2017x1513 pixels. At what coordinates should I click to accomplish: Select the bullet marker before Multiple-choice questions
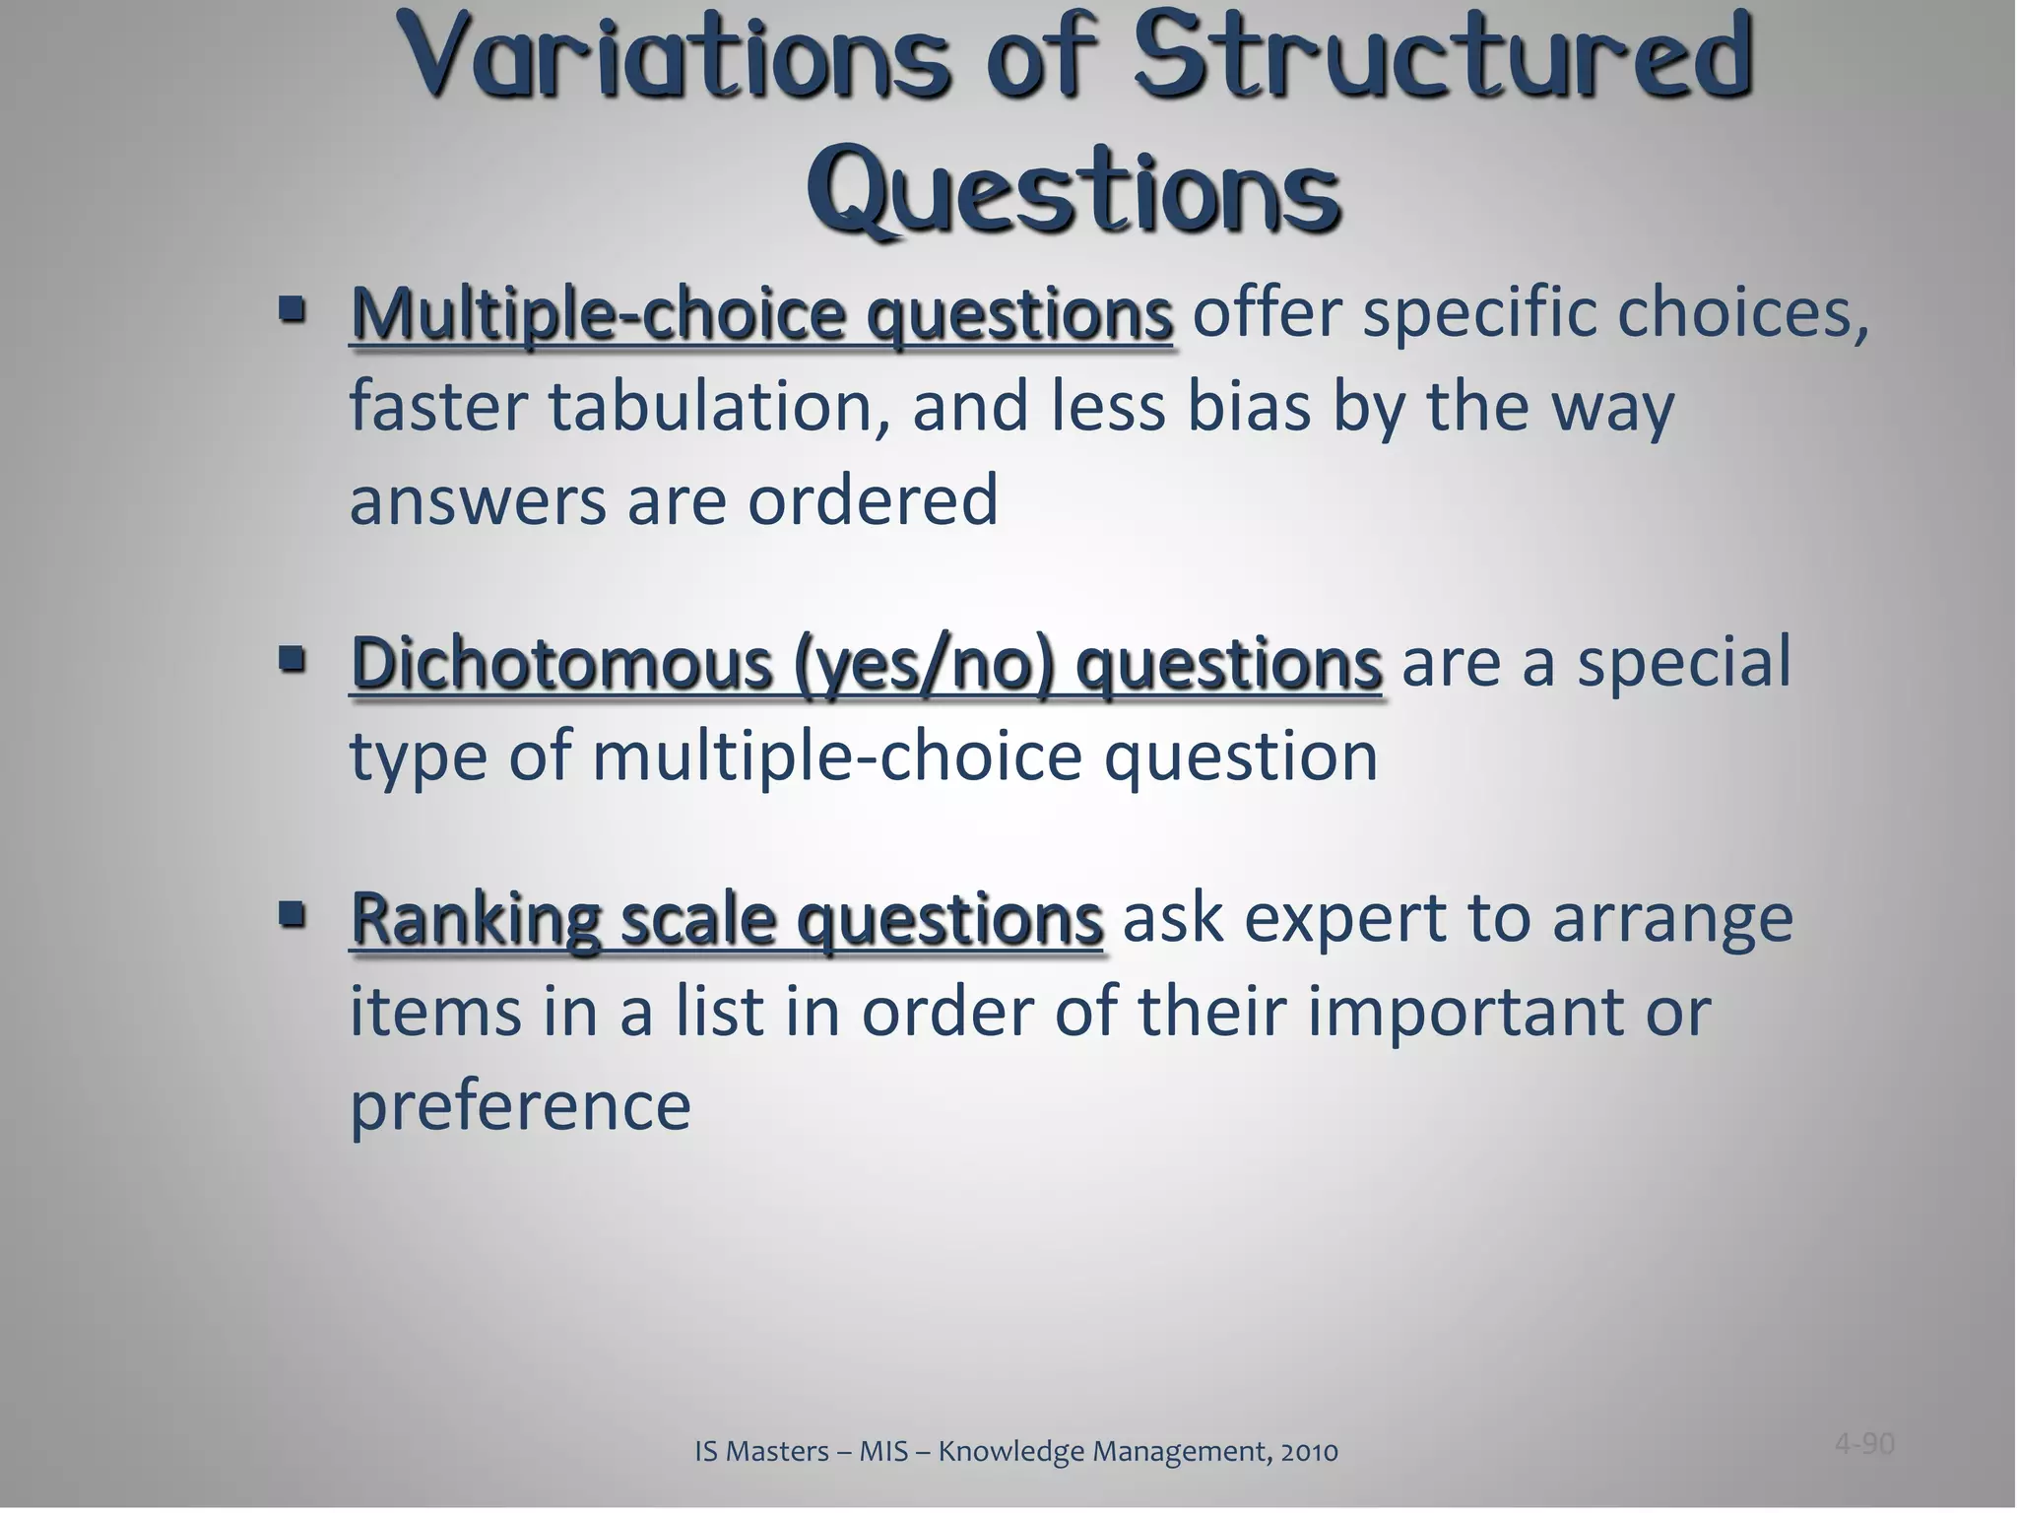tap(292, 311)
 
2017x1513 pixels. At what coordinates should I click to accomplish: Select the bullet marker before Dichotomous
tap(292, 657)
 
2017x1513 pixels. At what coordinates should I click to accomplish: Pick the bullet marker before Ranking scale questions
tap(292, 915)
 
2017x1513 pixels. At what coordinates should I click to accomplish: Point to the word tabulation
tap(710, 407)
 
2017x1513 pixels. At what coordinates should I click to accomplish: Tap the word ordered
tap(873, 499)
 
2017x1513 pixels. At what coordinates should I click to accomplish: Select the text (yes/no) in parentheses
tap(924, 662)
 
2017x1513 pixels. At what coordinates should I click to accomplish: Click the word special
tap(1684, 662)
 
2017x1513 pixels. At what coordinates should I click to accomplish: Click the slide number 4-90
tap(1864, 1444)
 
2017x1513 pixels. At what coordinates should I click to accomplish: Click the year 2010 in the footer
tap(1309, 1451)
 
